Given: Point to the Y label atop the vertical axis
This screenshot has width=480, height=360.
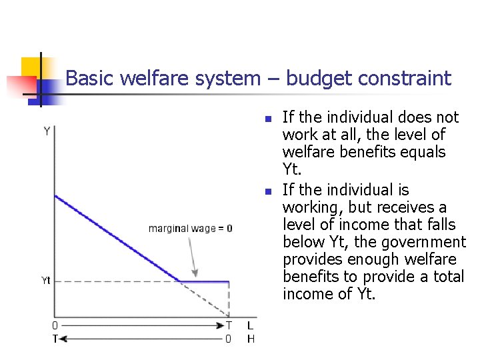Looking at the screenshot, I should pos(47,131).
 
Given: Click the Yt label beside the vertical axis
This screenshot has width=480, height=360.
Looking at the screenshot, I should pos(45,281).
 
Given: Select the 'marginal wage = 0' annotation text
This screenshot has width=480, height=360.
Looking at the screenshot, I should pos(190,229).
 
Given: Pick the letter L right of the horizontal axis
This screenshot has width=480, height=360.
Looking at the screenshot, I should pos(250,326).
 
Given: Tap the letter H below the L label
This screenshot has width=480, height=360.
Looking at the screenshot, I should pos(251,339).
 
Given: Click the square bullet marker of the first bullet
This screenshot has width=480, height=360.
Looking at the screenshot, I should pos(266,119).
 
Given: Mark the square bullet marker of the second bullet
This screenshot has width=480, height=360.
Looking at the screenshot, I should pos(266,192).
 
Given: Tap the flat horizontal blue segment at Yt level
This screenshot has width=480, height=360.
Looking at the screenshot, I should pos(205,281).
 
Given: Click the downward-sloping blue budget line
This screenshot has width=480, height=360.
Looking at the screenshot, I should pos(117,238).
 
